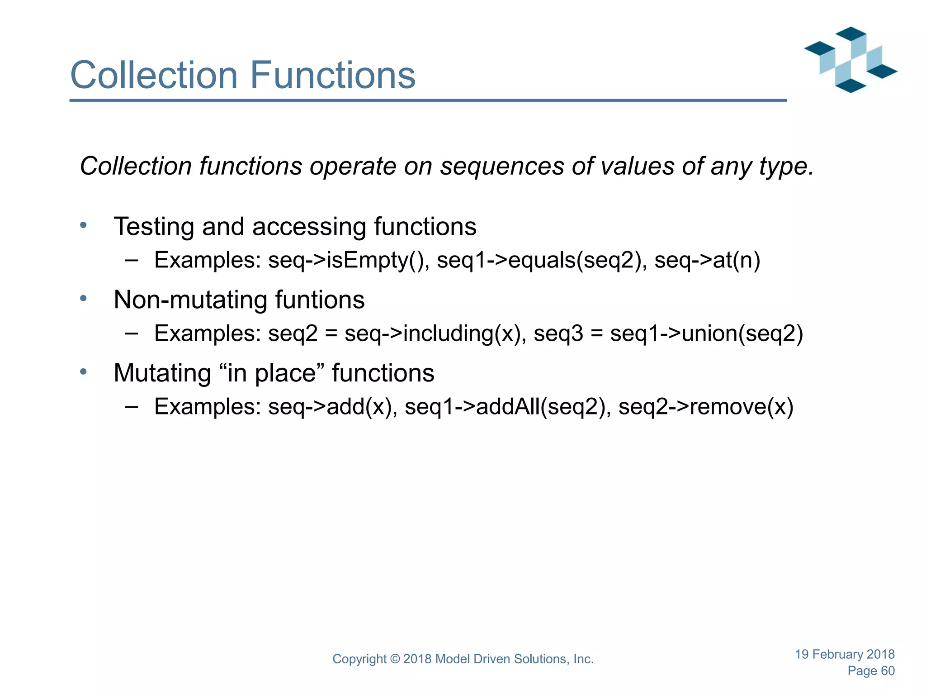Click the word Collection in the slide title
[154, 75]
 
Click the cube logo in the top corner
[850, 60]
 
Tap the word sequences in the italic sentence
[502, 166]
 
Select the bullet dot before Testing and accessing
[83, 225]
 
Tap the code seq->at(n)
[707, 261]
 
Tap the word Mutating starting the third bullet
[162, 373]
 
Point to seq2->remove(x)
[706, 407]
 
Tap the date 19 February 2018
[845, 654]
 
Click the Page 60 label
[871, 671]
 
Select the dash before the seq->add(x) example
[131, 407]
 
